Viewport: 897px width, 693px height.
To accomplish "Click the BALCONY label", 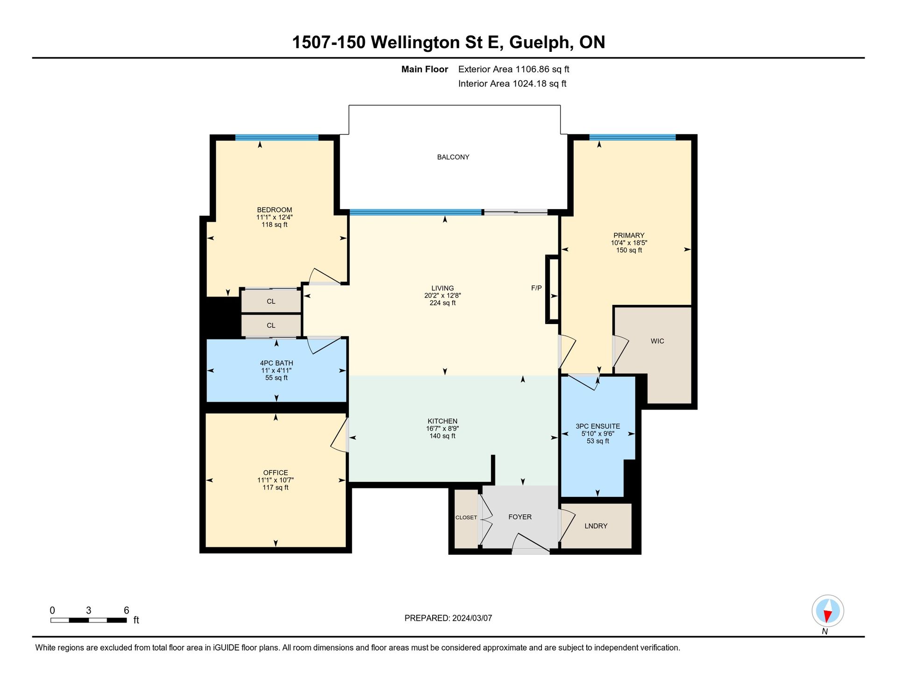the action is [x=453, y=157].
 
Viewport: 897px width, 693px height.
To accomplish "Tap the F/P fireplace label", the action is [x=536, y=288].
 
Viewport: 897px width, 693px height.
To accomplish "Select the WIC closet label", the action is [x=657, y=341].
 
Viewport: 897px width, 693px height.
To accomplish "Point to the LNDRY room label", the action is [x=596, y=526].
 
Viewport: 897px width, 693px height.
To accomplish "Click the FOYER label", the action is [x=520, y=517].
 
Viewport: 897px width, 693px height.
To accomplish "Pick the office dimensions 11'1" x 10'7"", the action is [x=275, y=480].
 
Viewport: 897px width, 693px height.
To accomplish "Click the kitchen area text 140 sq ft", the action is [x=442, y=436].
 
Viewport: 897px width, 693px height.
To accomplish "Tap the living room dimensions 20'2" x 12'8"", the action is [x=442, y=296].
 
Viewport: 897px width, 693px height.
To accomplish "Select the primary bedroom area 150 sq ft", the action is [x=629, y=250].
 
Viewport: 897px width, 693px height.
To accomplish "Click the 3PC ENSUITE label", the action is [x=598, y=426].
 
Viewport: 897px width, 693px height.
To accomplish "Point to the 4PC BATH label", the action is [x=277, y=363].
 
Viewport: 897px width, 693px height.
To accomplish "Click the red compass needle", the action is [x=827, y=617].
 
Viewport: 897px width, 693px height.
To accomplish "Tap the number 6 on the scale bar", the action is [x=126, y=610].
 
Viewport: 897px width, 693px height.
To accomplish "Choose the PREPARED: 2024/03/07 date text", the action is [x=448, y=618].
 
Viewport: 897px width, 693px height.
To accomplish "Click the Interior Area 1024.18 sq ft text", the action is [x=512, y=84].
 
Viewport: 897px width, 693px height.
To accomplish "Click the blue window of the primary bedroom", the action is [x=633, y=137].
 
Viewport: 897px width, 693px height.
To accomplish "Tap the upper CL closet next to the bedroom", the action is [x=271, y=301].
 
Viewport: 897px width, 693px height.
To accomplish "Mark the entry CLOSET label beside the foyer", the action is [x=466, y=517].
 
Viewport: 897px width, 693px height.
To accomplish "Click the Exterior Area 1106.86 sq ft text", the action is [x=513, y=69].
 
